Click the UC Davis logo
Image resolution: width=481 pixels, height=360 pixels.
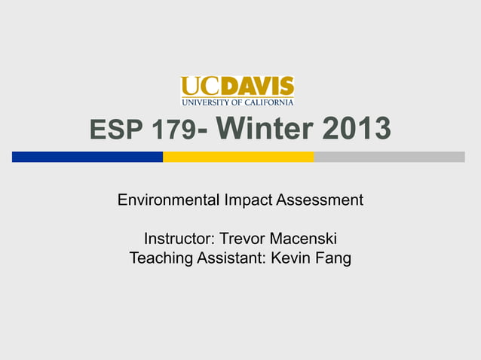coord(237,90)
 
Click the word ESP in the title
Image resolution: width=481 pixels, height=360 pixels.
coord(118,132)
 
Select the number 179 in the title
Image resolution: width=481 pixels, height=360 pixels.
coord(173,132)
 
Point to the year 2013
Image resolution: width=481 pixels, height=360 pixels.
coord(357,130)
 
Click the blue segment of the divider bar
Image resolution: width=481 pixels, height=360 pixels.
coord(87,157)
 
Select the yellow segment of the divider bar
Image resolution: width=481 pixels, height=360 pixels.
coord(238,157)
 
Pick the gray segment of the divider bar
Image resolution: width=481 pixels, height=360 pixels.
coord(389,157)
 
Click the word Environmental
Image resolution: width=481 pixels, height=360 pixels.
coord(168,200)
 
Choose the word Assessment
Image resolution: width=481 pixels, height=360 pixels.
coord(320,200)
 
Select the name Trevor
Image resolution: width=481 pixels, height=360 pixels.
coord(246,239)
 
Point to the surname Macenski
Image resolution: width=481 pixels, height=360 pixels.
coord(304,239)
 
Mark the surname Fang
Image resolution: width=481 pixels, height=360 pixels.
coord(334,258)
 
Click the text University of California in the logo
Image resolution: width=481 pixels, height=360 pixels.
coord(237,102)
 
